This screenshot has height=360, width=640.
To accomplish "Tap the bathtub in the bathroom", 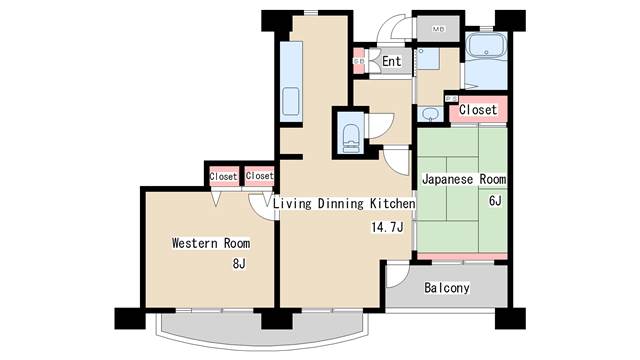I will tap(488, 51).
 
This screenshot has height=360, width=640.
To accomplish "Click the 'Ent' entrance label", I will tap(391, 62).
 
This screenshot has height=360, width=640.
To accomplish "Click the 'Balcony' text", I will tap(446, 289).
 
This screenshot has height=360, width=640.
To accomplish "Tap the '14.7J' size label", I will tap(387, 227).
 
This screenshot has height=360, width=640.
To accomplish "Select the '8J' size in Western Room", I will tap(238, 264).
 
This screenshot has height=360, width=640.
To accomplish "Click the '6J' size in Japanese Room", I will tap(494, 201).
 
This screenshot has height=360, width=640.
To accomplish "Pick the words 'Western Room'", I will tap(210, 243).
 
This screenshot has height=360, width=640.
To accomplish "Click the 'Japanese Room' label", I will tap(463, 180).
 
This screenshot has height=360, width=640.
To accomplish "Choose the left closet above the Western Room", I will tap(223, 176).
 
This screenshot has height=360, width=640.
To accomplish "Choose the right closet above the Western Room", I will tap(259, 176).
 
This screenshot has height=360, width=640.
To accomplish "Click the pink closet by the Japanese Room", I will tap(478, 109).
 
